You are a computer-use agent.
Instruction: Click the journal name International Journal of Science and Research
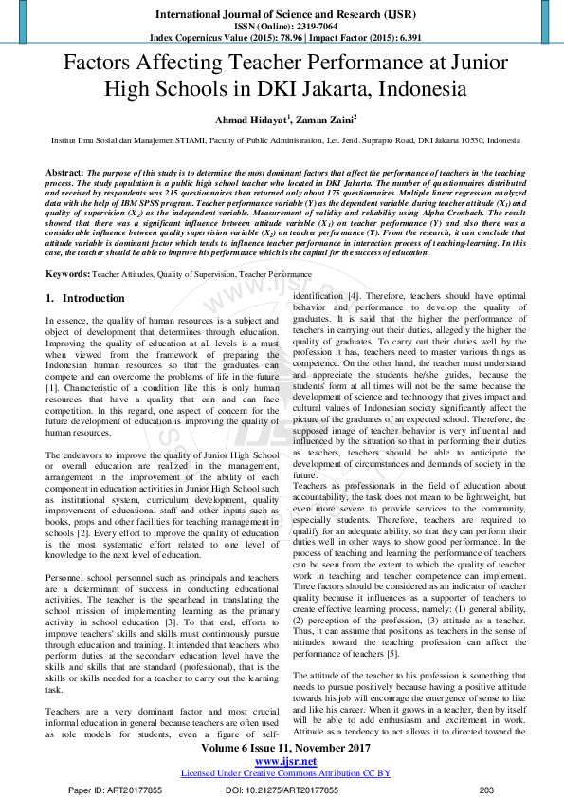pos(282,14)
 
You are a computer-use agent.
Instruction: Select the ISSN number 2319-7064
pos(303,27)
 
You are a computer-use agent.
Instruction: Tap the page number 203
pos(487,789)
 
